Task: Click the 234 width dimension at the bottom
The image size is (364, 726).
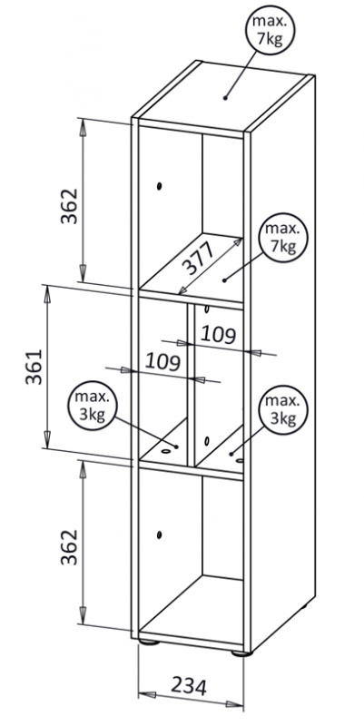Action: [189, 686]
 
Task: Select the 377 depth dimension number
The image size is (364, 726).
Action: [197, 259]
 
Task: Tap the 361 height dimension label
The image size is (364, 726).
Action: [34, 368]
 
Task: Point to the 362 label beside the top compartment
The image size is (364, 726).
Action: [70, 206]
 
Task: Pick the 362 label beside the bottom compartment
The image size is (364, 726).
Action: [70, 546]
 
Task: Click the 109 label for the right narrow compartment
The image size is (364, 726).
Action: [219, 334]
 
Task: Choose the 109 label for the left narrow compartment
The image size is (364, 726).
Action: [162, 361]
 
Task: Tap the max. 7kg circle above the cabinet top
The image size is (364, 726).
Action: [271, 29]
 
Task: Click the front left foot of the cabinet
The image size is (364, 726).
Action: [149, 642]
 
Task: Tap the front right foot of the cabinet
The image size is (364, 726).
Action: [241, 653]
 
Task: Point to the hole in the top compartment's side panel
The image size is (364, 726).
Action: [159, 187]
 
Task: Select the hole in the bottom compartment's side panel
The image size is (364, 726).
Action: [159, 535]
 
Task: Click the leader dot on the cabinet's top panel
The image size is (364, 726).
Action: [225, 98]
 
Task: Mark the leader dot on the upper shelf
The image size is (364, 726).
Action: [223, 280]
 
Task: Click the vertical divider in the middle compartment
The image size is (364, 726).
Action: [191, 384]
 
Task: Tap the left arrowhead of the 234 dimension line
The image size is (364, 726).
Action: [147, 695]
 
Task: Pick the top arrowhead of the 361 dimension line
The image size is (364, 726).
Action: [47, 293]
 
